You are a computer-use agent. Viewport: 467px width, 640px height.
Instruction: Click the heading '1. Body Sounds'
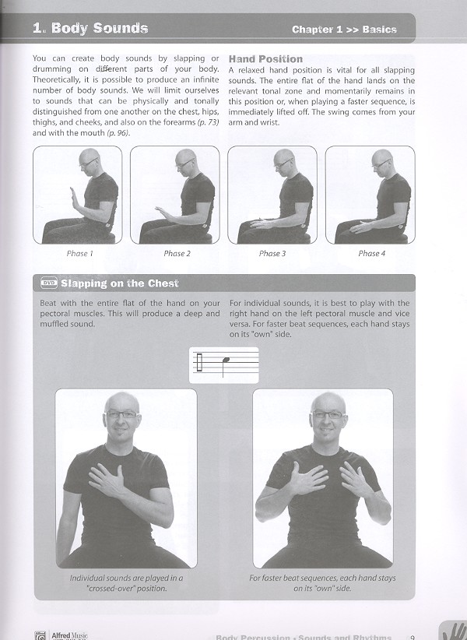(90, 29)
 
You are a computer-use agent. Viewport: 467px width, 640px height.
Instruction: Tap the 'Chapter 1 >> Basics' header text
(344, 30)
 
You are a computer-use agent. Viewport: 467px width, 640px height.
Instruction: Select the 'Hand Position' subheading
(265, 59)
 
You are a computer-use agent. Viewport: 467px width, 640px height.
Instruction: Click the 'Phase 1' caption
(79, 253)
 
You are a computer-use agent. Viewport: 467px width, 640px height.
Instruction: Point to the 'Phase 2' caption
(177, 253)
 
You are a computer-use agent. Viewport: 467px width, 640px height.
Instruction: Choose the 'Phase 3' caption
(272, 253)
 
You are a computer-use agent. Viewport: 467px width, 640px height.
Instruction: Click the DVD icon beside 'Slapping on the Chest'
(49, 283)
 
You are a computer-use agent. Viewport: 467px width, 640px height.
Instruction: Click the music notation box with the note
(224, 364)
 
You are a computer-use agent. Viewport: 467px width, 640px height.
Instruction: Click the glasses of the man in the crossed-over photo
(121, 415)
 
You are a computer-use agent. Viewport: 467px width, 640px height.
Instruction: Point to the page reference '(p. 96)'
(117, 133)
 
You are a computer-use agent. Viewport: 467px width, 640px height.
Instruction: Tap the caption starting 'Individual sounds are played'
(125, 583)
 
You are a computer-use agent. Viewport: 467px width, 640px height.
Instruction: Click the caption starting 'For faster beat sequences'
(322, 583)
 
